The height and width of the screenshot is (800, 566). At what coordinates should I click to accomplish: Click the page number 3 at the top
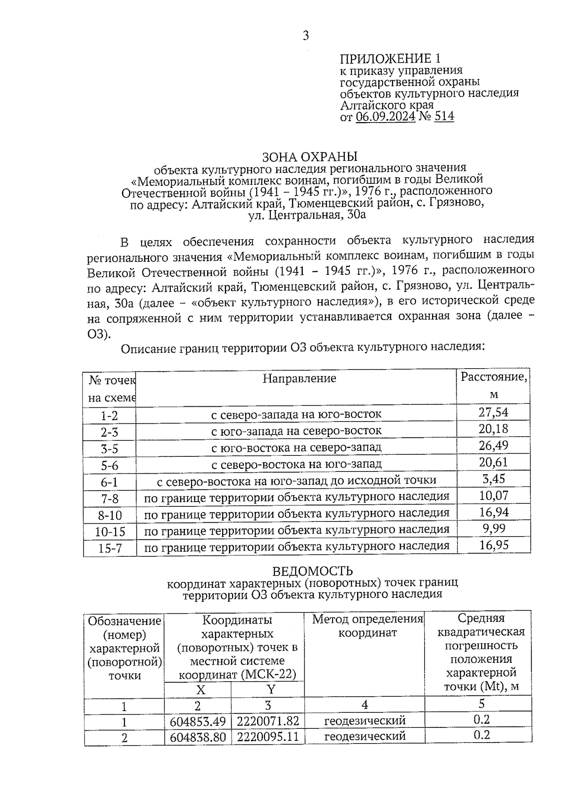pos(306,35)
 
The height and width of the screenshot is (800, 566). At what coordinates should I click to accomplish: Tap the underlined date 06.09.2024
pos(385,116)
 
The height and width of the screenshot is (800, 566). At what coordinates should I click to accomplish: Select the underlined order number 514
pos(443,116)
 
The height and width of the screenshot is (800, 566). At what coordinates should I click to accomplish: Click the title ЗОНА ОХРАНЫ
pos(309,157)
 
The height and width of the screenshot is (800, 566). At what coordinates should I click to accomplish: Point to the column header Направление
pos(299,378)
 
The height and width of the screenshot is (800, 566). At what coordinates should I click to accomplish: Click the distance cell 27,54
pos(493,412)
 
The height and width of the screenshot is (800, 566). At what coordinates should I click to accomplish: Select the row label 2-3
pos(109,432)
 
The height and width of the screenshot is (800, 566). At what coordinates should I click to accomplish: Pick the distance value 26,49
pos(493,445)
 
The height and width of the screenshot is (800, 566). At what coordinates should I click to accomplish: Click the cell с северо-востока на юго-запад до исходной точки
pos(296,481)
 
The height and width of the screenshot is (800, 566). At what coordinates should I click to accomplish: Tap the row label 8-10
pos(109,515)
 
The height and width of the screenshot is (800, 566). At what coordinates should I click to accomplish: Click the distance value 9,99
pos(493,528)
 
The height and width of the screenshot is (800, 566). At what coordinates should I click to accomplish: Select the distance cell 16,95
pos(493,545)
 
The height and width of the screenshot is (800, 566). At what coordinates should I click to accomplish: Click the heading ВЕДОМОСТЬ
pos(312,571)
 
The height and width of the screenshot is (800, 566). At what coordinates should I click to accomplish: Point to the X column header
pos(200,690)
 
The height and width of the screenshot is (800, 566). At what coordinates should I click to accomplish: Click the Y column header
pos(271,690)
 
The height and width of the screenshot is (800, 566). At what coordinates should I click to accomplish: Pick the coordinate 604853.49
pos(198,722)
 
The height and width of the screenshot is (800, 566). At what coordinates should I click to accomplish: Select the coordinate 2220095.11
pos(267,737)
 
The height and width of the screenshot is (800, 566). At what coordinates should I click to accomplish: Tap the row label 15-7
pos(109,548)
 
